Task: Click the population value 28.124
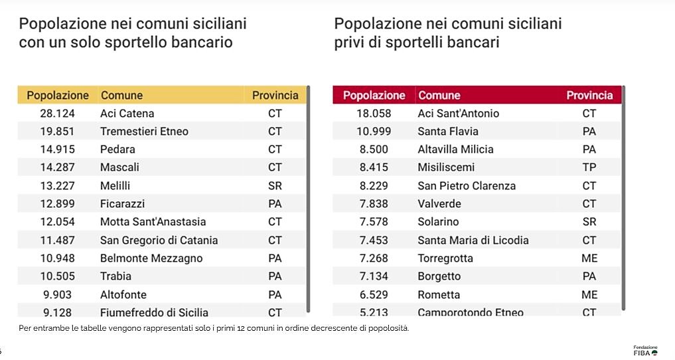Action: point(57,114)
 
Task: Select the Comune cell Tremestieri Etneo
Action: point(144,132)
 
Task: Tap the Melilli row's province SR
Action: point(275,186)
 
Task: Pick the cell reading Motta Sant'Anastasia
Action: point(153,222)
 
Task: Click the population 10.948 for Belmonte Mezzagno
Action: point(57,258)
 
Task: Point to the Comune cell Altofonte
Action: point(123,294)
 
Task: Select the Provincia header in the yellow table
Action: point(275,95)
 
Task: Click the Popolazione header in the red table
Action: point(374,96)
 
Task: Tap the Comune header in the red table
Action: point(439,96)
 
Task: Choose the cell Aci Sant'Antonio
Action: point(458,114)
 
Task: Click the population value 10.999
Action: point(374,132)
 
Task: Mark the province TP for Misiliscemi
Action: point(589,168)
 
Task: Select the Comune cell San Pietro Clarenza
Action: point(466,186)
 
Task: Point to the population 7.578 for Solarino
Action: point(374,222)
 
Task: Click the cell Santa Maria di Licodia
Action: point(469,240)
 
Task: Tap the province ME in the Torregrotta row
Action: point(589,258)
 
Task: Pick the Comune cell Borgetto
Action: point(439,276)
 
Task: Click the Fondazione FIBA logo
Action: point(645,350)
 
